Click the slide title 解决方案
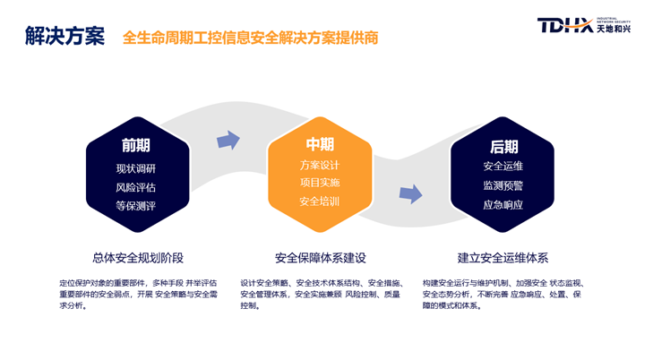pos(64,36)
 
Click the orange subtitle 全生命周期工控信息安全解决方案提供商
pos(250,38)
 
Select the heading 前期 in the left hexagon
pos(135,145)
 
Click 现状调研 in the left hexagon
pos(135,168)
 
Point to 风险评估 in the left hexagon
pos(135,187)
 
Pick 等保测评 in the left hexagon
pos(135,206)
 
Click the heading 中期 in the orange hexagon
pos(320,144)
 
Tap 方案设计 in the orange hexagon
pos(320,166)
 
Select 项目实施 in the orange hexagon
pos(320,184)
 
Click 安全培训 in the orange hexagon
pos(320,201)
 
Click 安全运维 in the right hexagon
pos(503,167)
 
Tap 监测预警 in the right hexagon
pos(503,185)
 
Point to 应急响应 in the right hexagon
pos(503,204)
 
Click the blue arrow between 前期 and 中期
pos(228,140)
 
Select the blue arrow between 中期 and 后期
pos(410,193)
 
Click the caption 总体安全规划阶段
pos(138,257)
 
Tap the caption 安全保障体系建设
pos(321,258)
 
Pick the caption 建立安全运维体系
pos(503,258)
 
